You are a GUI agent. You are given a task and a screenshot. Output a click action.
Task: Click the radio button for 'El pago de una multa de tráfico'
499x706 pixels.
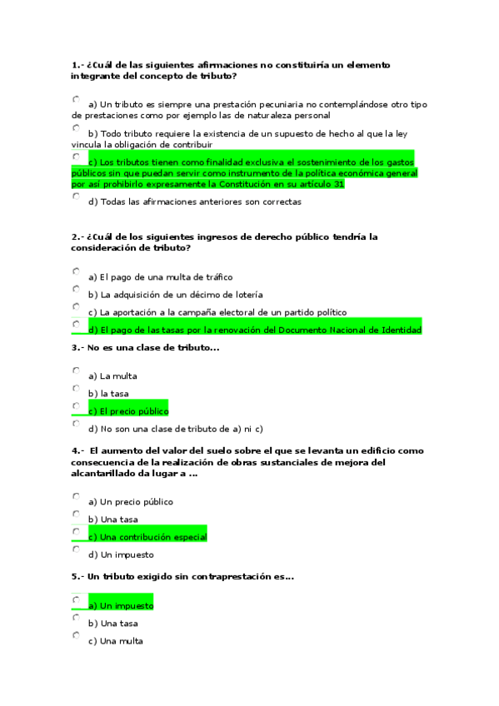click(76, 271)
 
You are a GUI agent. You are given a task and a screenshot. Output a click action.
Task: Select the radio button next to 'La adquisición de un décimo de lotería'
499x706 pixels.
click(76, 289)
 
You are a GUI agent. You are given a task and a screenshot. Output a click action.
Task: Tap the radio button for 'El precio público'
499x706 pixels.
click(76, 405)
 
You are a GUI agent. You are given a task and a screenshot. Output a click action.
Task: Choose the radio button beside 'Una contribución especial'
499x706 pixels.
click(76, 531)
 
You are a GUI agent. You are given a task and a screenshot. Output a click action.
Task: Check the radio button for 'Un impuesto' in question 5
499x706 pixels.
click(76, 599)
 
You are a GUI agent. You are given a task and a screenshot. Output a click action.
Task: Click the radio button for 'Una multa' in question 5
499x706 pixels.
click(76, 635)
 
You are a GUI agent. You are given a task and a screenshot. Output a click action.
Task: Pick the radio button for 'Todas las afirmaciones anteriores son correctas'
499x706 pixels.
click(76, 196)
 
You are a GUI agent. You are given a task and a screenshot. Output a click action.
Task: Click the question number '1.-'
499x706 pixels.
click(77, 64)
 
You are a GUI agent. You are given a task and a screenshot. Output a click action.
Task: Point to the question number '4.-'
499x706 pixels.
click(77, 450)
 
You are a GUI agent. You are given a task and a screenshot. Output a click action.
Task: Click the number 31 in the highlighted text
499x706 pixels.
click(337, 184)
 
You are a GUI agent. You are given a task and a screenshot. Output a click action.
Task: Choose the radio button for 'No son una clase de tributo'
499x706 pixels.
click(76, 424)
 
